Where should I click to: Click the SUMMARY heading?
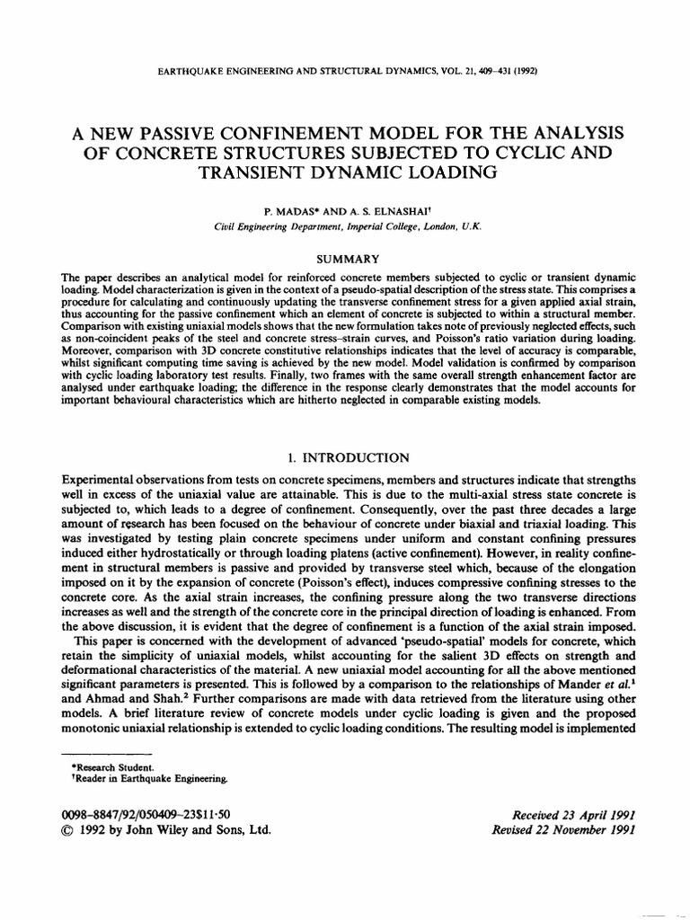tap(345, 259)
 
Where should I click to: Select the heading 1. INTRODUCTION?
tap(344, 457)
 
